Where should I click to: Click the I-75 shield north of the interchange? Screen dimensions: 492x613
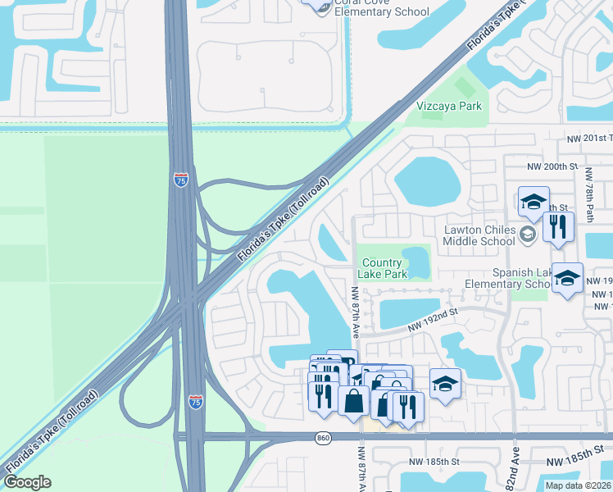(181, 180)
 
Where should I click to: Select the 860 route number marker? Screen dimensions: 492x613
(324, 439)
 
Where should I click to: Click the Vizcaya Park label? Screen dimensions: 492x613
(450, 107)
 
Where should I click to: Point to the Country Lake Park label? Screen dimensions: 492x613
(384, 268)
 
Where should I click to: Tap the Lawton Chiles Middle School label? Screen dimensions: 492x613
(479, 235)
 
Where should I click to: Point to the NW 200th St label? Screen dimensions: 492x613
(547, 166)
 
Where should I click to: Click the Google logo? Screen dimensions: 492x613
(28, 482)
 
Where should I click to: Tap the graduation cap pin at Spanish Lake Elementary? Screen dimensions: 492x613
(567, 279)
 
